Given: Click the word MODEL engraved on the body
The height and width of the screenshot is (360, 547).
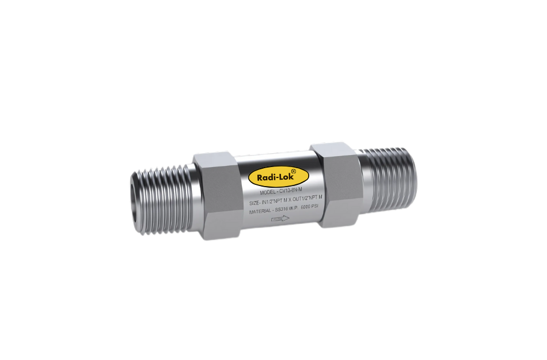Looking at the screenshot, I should tap(270, 193).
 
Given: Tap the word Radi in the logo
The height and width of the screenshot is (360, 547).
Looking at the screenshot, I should tap(270, 177).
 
